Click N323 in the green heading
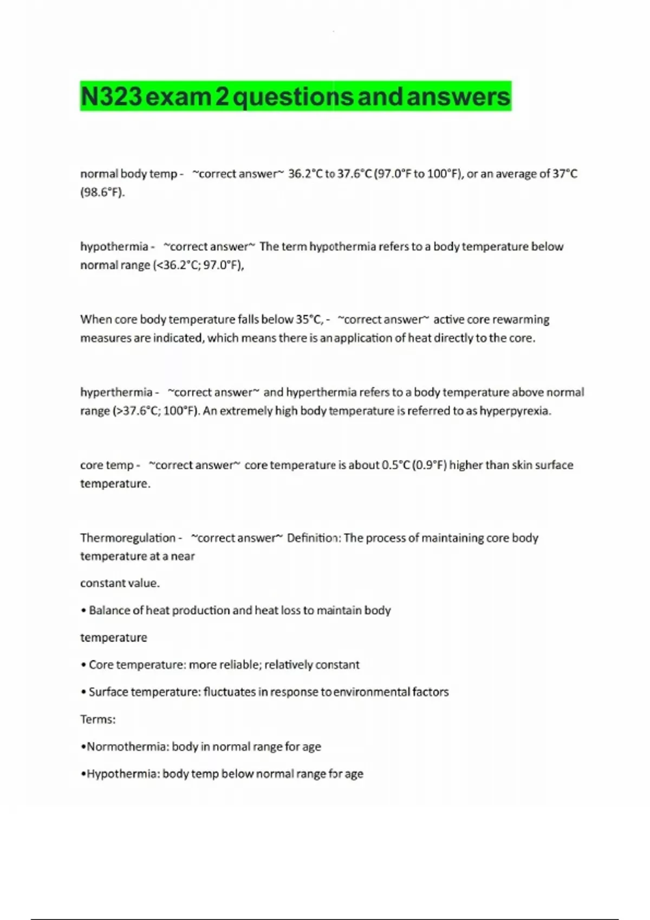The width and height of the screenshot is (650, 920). (x=112, y=97)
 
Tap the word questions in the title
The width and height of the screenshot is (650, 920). (x=293, y=97)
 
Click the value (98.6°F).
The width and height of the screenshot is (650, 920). (x=102, y=193)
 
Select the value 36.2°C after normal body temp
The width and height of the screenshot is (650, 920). (x=305, y=174)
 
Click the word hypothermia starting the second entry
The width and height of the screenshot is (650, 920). (x=114, y=247)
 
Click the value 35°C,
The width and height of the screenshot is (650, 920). (x=310, y=319)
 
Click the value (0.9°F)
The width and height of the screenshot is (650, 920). (x=430, y=465)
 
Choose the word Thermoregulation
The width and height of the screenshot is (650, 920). (x=128, y=538)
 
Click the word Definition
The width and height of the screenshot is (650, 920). (x=313, y=538)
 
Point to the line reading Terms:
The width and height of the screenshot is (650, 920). (x=98, y=720)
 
